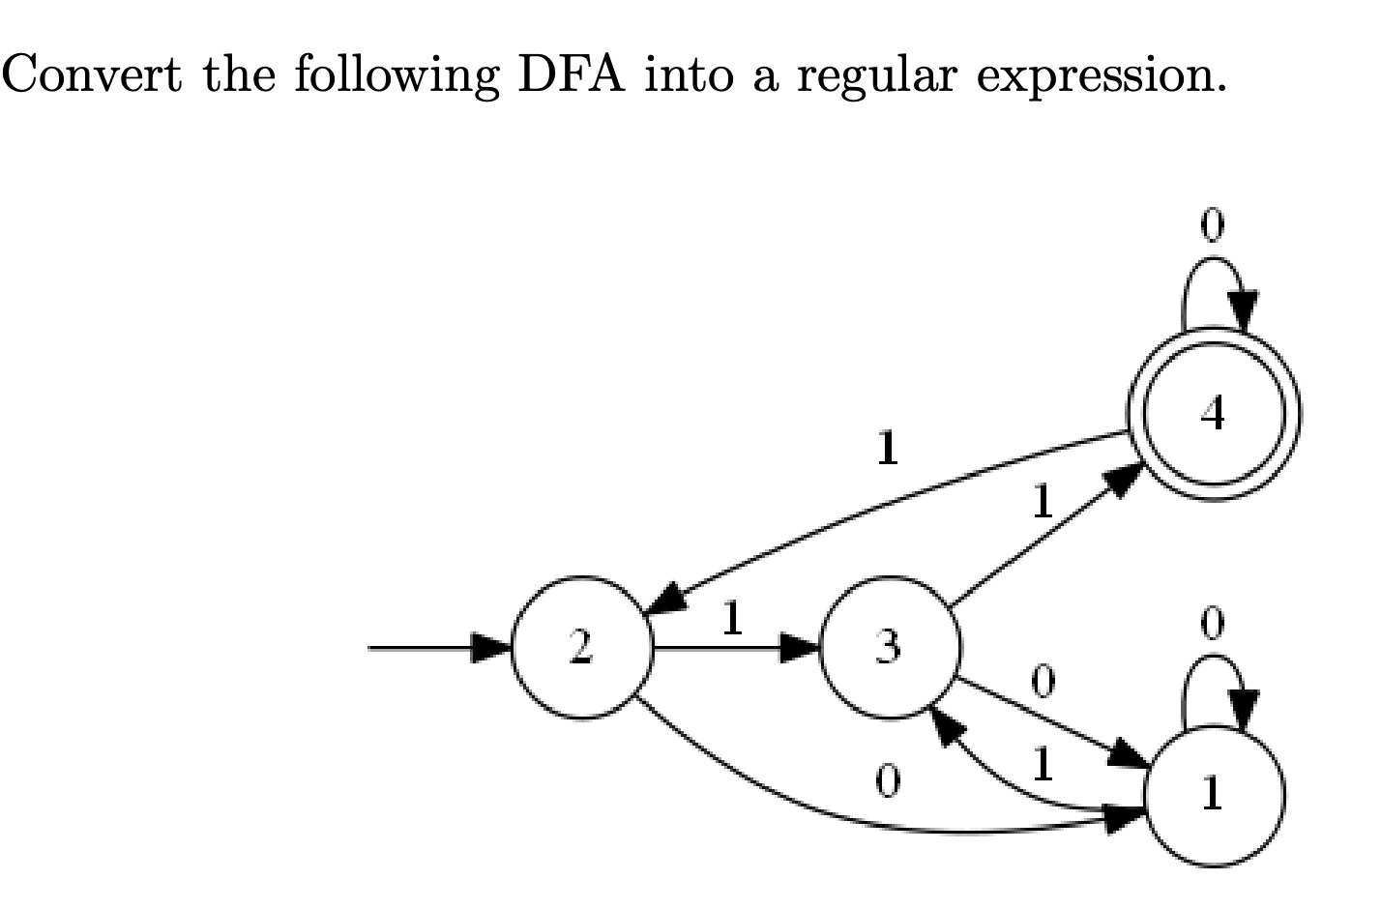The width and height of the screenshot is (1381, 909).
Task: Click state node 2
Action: [x=581, y=648]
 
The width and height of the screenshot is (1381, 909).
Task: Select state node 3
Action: [x=889, y=648]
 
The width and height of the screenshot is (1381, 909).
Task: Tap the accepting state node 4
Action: [x=1214, y=414]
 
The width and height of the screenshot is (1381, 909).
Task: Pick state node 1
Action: [x=1214, y=795]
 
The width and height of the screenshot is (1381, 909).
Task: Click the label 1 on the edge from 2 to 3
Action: [x=732, y=619]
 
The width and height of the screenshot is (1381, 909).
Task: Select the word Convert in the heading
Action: [x=93, y=73]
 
